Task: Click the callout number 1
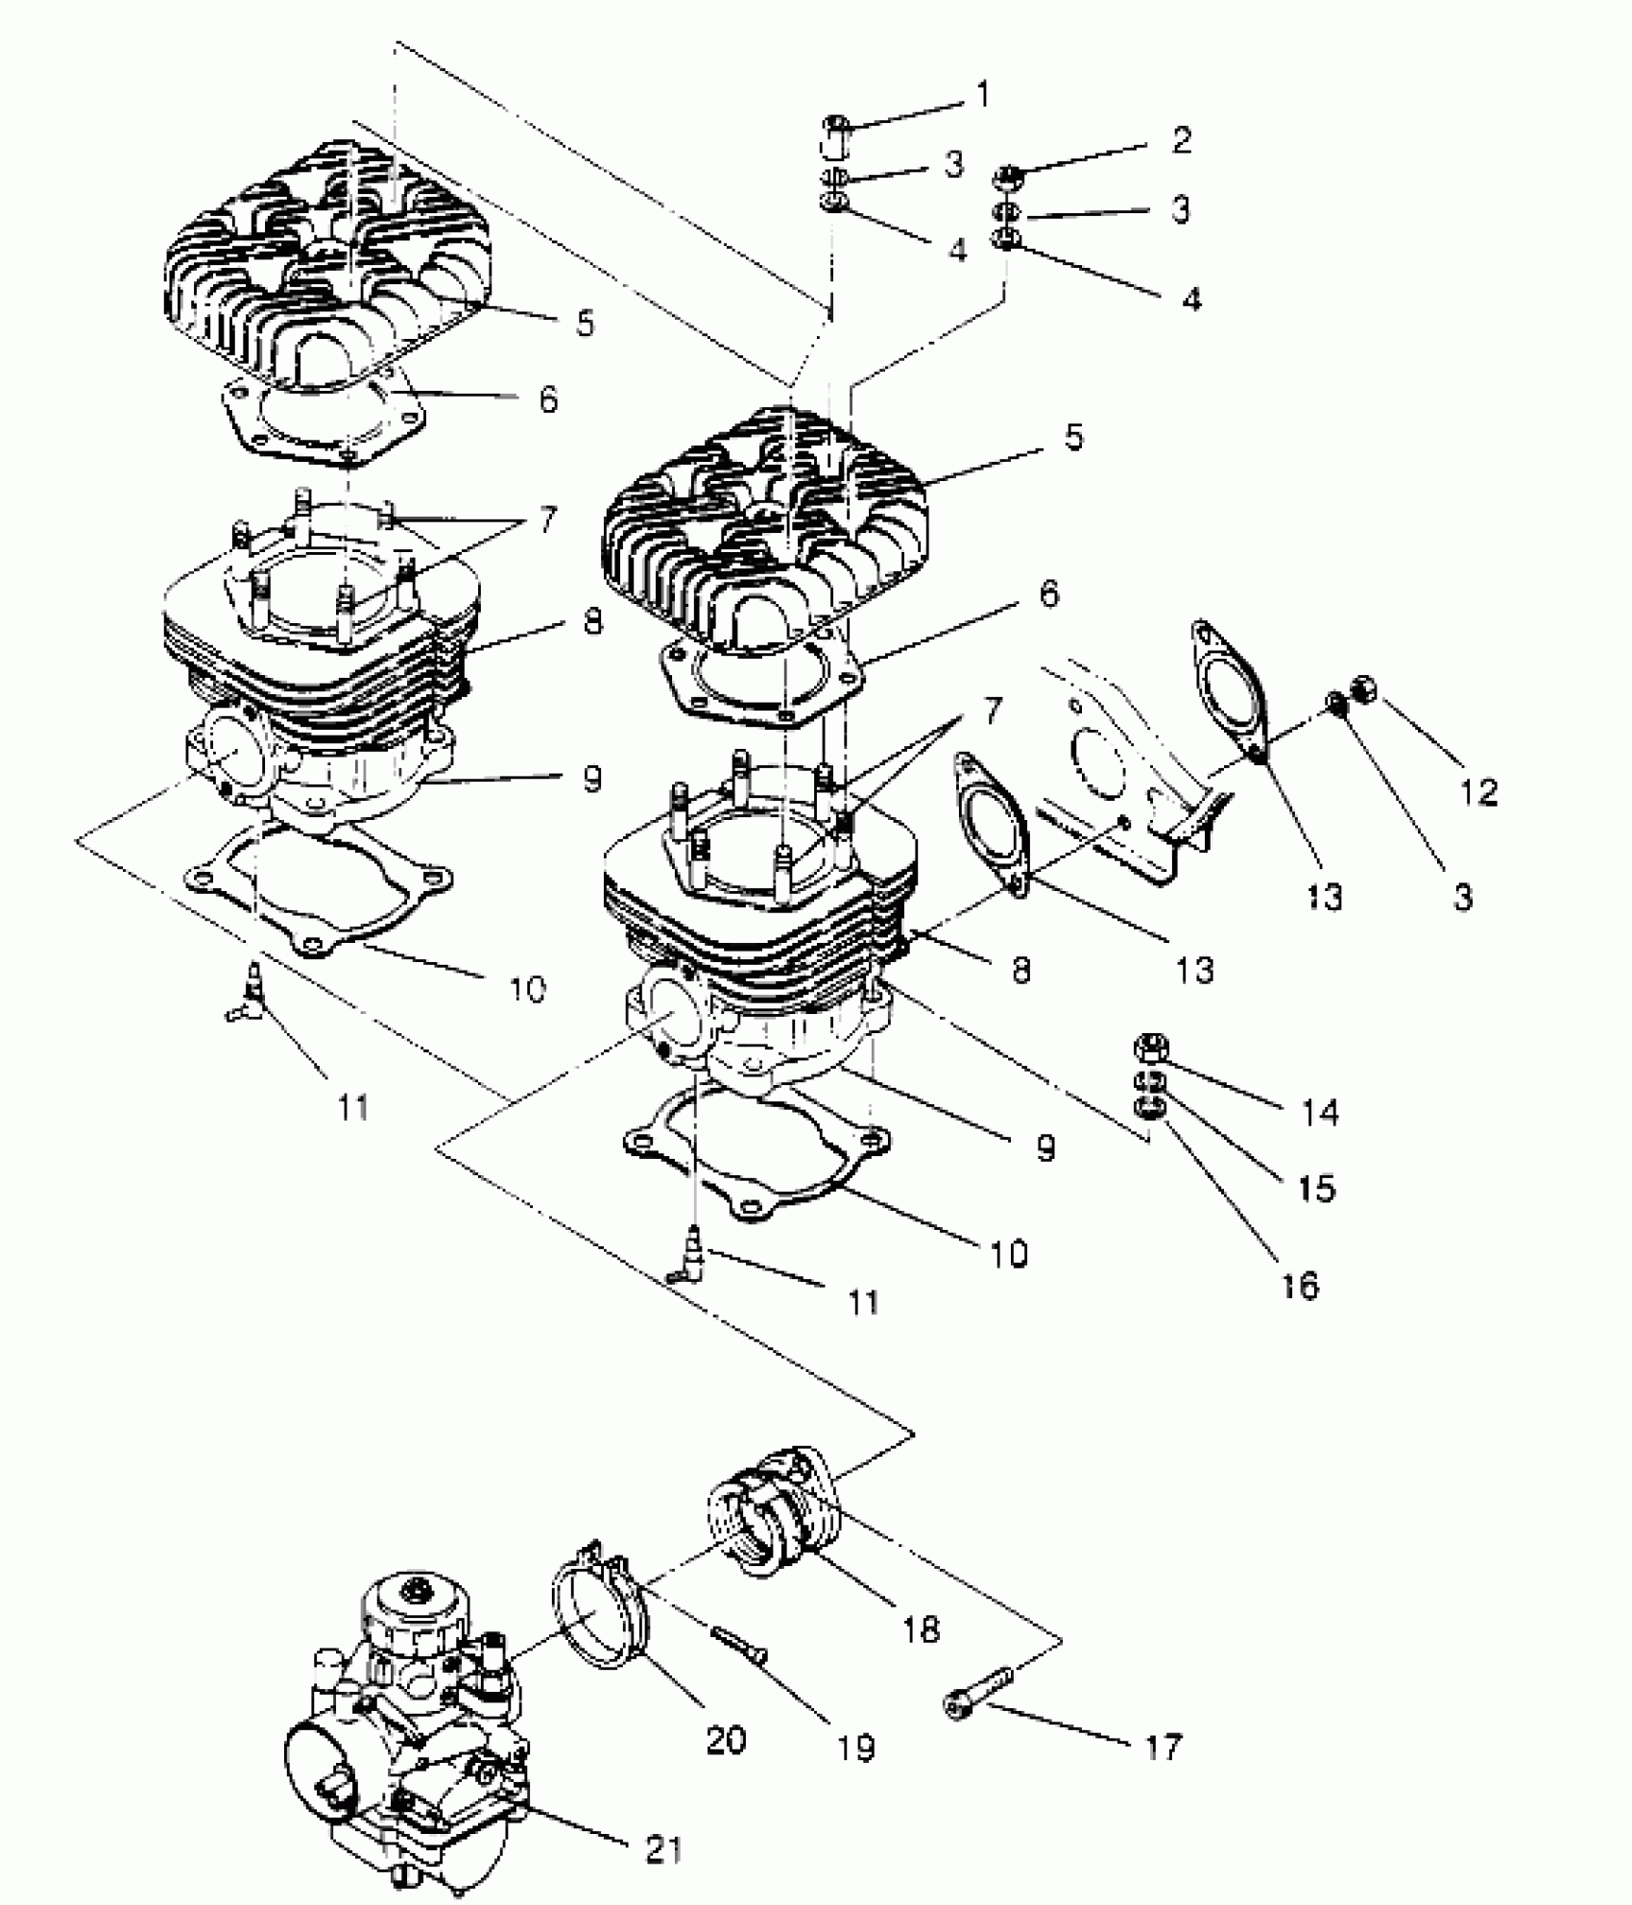tap(982, 95)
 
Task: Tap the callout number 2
tap(1182, 140)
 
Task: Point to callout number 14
tap(1320, 1113)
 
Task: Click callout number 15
tap(1316, 1189)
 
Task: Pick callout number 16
tap(1300, 1286)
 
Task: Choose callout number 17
tap(1163, 1748)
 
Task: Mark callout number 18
tap(922, 1628)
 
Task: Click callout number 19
tap(855, 1748)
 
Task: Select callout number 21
tap(662, 1849)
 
